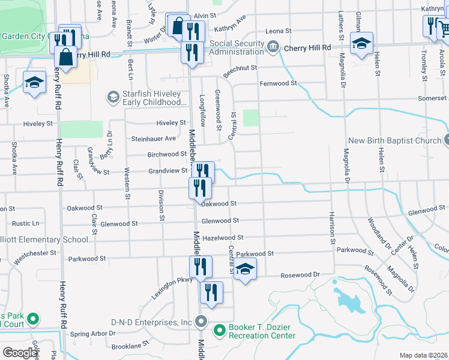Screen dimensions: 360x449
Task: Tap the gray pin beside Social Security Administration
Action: [x=273, y=46]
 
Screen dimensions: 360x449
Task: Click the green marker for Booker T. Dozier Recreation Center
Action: [x=220, y=329]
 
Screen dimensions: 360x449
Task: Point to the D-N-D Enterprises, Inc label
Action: [x=153, y=322]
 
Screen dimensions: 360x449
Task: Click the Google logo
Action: [x=20, y=353]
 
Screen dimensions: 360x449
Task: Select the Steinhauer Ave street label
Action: [x=154, y=139]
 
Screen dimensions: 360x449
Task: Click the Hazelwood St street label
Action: [x=223, y=238]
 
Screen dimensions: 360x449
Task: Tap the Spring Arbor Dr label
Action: [x=92, y=334]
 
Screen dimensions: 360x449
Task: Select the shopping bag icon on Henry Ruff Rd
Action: [x=65, y=58]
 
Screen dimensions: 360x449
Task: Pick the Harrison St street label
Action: [x=331, y=229]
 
